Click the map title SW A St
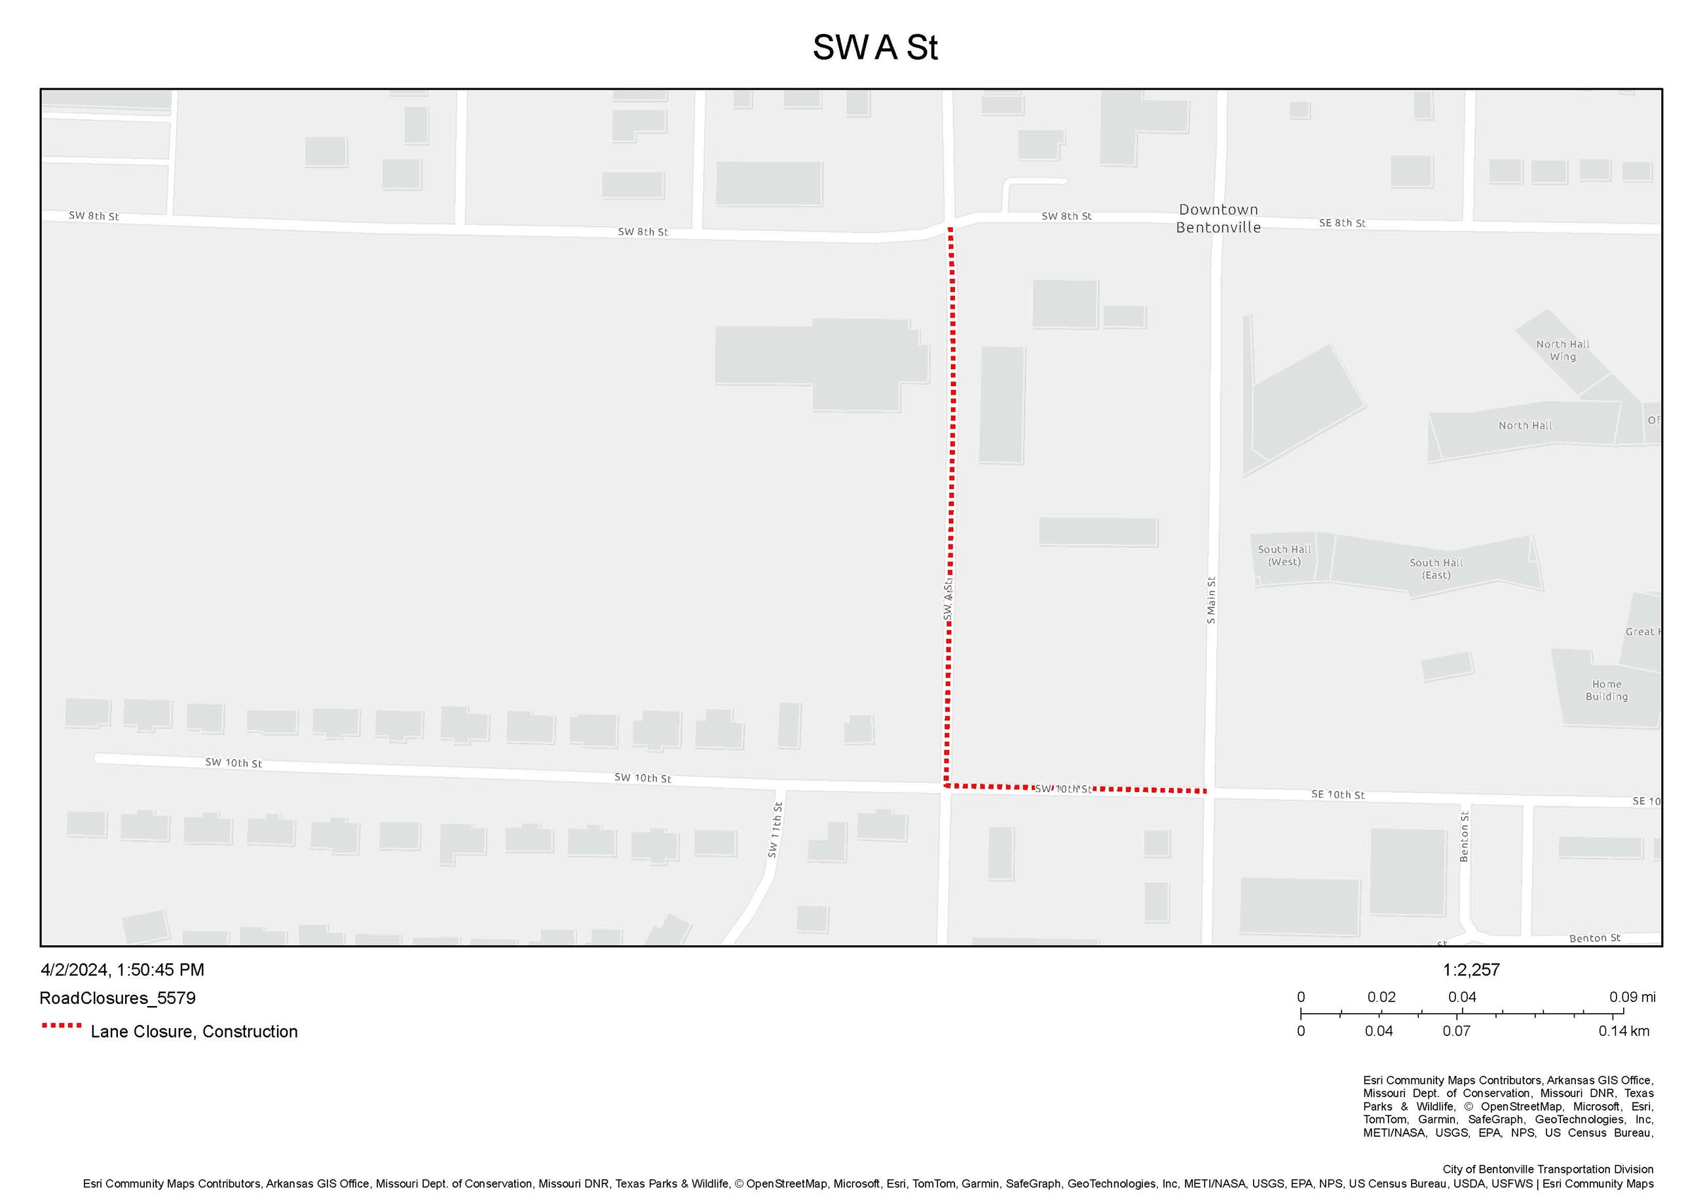[x=874, y=47]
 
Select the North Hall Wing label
[x=1562, y=350]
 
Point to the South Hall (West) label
[x=1284, y=555]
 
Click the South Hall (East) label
[x=1435, y=569]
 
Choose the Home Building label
[x=1606, y=690]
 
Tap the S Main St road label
[x=1210, y=600]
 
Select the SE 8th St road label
[x=1342, y=223]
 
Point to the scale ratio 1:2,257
[x=1471, y=969]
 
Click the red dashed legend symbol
[x=62, y=1025]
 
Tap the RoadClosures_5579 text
[x=117, y=997]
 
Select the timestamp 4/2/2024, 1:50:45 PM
[x=122, y=969]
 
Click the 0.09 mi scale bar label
[x=1632, y=997]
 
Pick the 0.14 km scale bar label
[x=1624, y=1031]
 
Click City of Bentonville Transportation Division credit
[x=1547, y=1169]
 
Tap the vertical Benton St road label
[x=1464, y=836]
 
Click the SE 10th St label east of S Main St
[x=1338, y=795]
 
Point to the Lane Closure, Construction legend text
[x=194, y=1031]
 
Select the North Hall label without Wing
[x=1524, y=425]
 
